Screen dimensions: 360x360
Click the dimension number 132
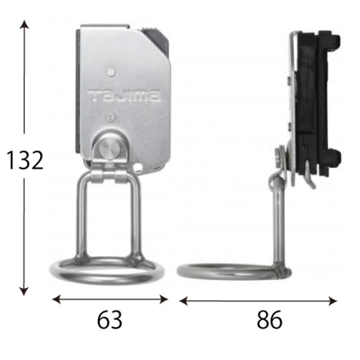25,160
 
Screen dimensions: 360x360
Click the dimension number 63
110,320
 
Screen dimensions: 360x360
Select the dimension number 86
269,320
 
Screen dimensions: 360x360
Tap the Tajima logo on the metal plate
124,96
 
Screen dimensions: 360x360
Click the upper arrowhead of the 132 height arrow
25,24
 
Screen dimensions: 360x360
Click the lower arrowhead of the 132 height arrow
25,291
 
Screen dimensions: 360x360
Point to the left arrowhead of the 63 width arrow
56,299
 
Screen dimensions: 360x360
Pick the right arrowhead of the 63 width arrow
164,299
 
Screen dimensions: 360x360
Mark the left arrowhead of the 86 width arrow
183,301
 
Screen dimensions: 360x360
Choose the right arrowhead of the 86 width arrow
333,301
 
